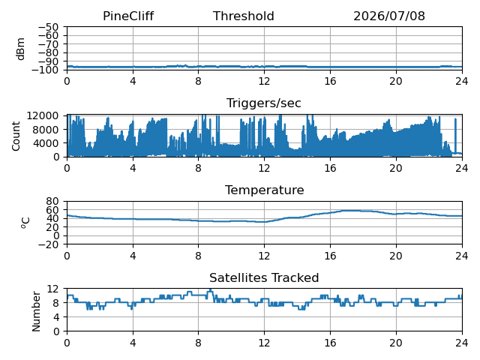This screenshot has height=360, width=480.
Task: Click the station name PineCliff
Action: tap(128, 16)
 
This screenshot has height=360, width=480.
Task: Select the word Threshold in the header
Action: tap(243, 16)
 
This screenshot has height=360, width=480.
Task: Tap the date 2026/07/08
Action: tap(389, 16)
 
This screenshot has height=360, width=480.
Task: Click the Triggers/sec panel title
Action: tap(264, 103)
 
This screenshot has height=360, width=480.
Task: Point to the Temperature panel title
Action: tap(265, 190)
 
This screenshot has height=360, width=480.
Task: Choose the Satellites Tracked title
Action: tap(264, 277)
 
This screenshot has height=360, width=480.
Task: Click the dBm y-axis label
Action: tap(20, 49)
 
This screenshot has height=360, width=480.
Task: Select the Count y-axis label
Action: tap(16, 136)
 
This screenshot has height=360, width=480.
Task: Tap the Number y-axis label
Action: tap(36, 311)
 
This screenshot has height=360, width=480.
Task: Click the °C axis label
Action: tap(25, 223)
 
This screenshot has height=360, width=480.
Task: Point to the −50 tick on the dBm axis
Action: tap(48, 27)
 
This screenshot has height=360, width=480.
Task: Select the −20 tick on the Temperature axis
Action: tap(48, 244)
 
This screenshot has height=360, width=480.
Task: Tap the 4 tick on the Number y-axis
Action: tap(55, 317)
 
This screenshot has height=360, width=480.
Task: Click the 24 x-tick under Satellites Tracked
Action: tap(462, 343)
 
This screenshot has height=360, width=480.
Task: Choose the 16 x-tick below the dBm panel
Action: tap(330, 81)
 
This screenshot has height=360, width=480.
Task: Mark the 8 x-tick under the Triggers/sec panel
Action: tap(198, 168)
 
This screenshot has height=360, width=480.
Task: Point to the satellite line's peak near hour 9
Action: tap(210, 289)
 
